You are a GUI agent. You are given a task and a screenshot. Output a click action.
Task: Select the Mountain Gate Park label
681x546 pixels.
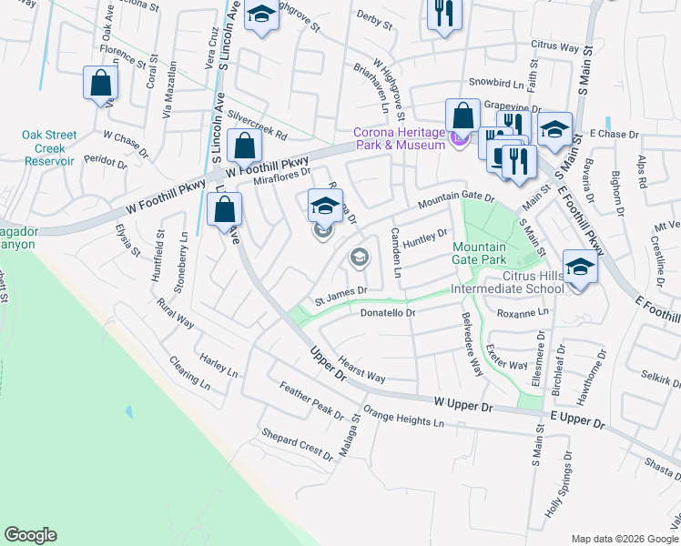486,254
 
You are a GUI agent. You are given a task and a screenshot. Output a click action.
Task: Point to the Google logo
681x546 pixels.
30,535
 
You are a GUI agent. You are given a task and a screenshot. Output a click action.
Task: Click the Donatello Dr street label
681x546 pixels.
388,313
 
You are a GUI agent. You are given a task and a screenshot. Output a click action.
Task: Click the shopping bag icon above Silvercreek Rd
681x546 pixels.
245,146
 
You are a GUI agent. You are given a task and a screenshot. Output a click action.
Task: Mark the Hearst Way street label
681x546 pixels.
361,369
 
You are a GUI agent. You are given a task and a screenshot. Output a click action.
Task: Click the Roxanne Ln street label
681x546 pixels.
523,312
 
